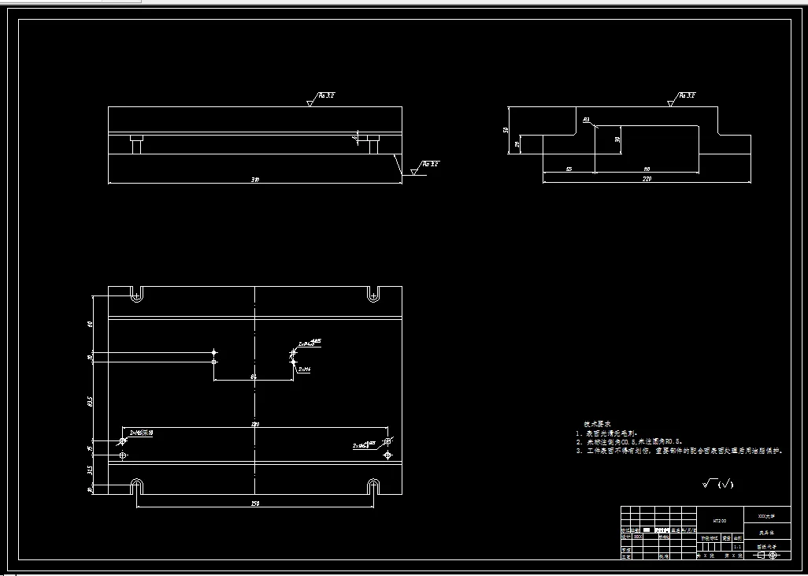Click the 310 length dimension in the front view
(254, 180)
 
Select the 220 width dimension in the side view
(647, 180)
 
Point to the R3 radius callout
(586, 119)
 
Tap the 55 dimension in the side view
(568, 169)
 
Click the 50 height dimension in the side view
(506, 130)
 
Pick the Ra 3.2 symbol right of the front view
(430, 164)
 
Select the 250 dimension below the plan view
(255, 504)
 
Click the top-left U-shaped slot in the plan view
(137, 294)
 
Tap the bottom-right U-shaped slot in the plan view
(373, 487)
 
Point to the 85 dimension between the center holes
(254, 377)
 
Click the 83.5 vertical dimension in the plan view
(91, 400)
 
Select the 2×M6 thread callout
(304, 369)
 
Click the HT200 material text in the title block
(720, 521)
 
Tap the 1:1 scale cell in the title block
(737, 545)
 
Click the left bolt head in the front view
(136, 145)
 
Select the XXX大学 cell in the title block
(766, 516)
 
